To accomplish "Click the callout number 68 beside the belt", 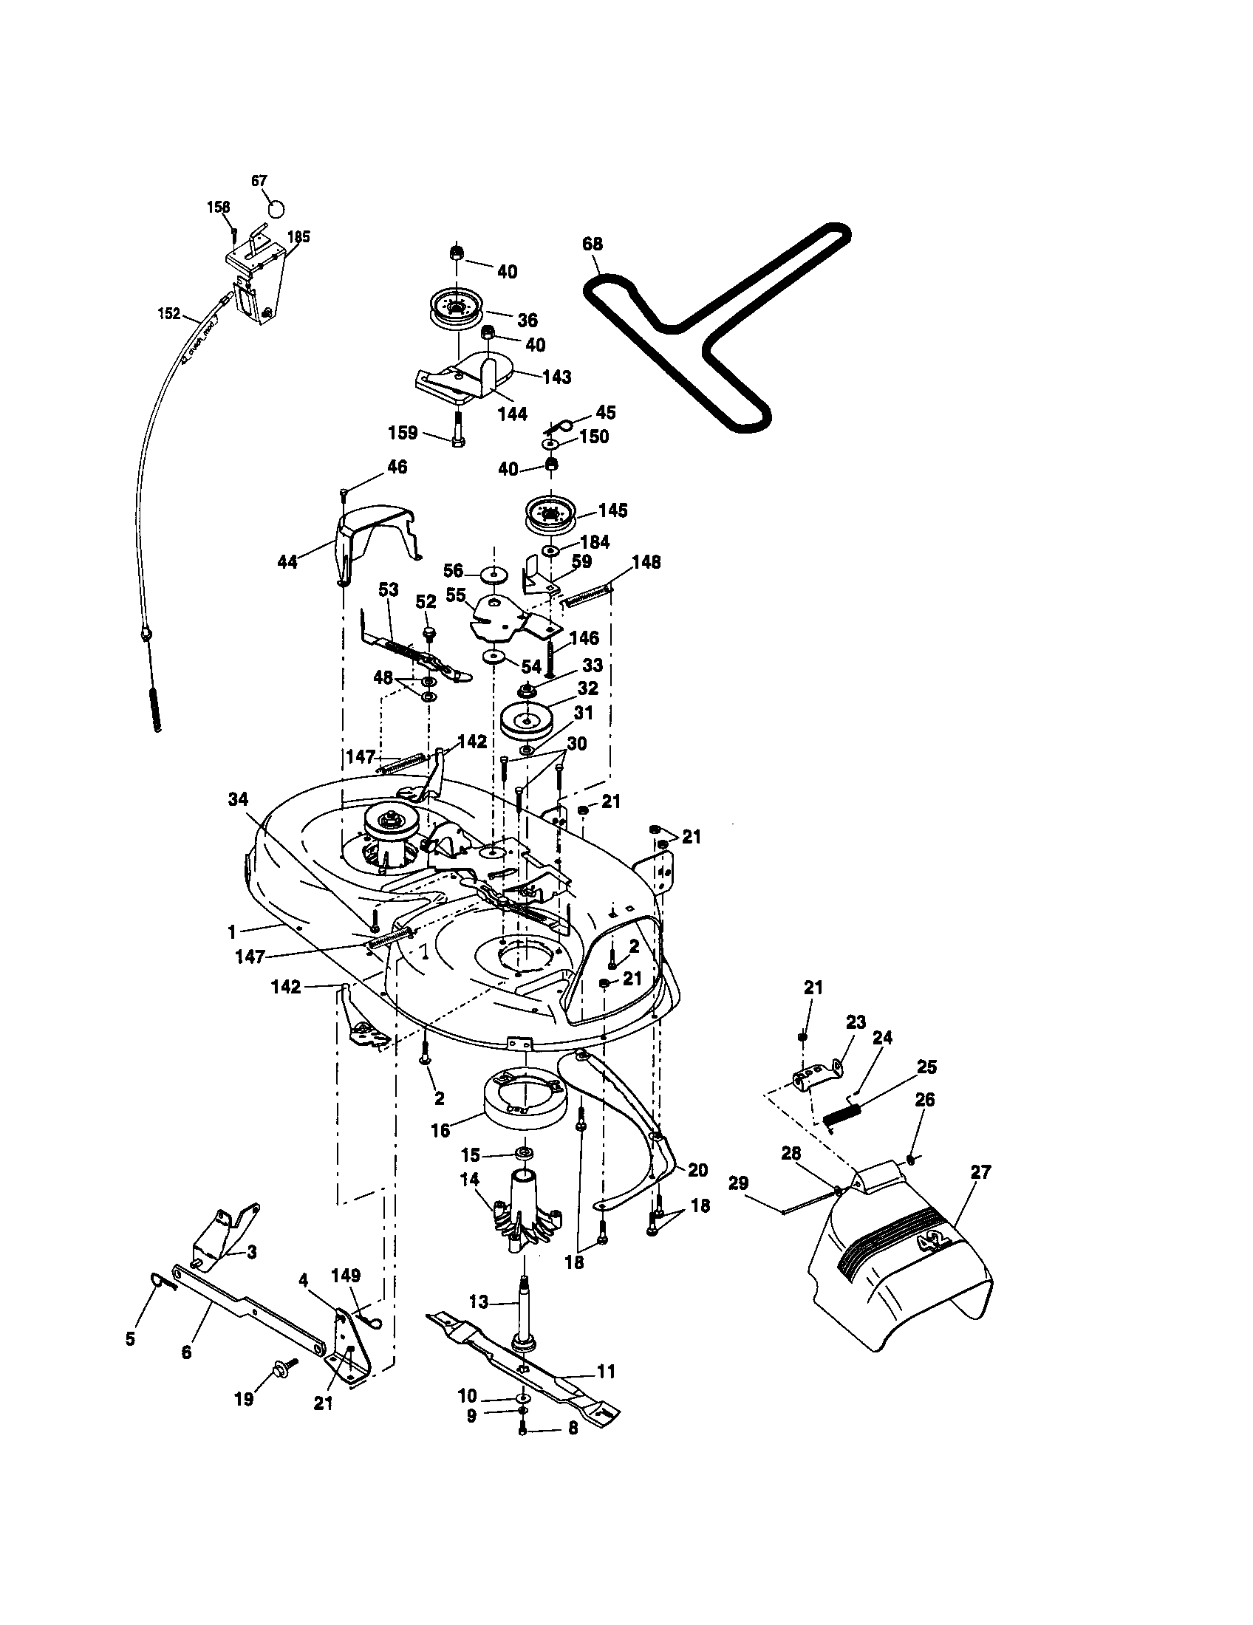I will coord(593,244).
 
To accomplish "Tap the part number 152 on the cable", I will coord(169,313).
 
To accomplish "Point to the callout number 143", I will coord(556,377).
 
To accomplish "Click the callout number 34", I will coord(238,799).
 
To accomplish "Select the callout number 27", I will coord(980,1173).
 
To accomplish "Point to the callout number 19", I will coord(244,1400).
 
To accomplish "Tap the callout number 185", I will coord(299,237).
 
